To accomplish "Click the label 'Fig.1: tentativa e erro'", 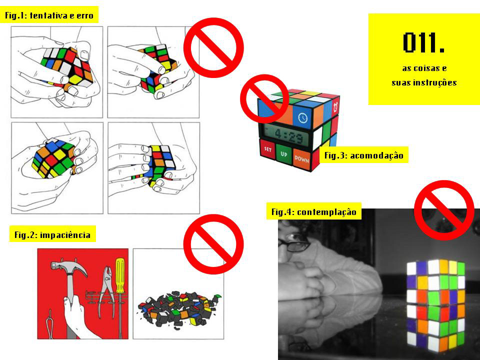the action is [49, 15].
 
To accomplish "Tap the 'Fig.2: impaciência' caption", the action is [52, 234].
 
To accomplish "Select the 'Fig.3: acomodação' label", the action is [363, 155].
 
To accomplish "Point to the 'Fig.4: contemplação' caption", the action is [314, 212].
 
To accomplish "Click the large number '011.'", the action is [423, 43].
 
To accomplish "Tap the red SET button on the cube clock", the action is [267, 149].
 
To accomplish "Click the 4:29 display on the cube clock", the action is [284, 135].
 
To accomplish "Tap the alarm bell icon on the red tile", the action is [335, 105].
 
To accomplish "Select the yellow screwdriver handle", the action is [119, 275].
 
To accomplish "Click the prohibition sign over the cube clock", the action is [264, 98].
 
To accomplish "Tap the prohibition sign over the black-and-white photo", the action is [444, 210].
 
